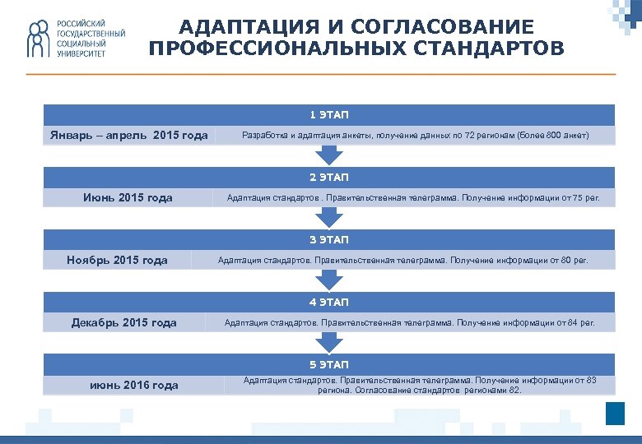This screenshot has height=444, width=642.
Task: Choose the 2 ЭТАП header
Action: [329, 177]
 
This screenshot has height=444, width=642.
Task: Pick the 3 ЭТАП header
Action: [329, 239]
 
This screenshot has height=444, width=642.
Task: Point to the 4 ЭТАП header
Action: [329, 302]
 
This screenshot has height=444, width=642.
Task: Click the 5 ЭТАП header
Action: [329, 364]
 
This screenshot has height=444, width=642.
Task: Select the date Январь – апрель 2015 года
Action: [128, 135]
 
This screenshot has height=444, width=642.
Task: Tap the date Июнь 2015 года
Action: [128, 197]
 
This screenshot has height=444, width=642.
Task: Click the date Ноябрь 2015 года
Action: [117, 260]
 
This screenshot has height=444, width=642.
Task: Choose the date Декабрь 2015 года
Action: [124, 322]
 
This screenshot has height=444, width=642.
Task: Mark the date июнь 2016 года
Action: [134, 385]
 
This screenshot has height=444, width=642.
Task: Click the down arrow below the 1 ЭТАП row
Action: [329, 154]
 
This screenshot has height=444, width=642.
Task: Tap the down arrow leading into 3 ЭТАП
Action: [329, 216]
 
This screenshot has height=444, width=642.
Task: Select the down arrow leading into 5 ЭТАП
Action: [329, 341]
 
